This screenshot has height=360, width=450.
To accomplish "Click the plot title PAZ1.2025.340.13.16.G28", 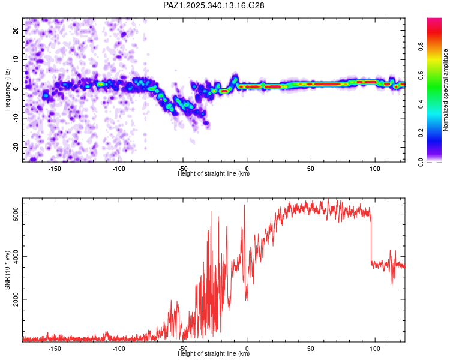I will [214, 5].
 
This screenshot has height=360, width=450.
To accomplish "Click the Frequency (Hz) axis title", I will [7, 90].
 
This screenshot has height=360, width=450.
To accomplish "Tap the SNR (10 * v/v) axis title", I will [7, 270].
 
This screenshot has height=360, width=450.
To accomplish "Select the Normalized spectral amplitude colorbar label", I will [446, 90].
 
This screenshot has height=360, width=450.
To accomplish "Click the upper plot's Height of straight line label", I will [214, 174].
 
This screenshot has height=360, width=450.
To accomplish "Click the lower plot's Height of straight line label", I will [214, 354].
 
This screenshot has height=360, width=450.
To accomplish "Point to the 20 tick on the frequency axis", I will [16, 30].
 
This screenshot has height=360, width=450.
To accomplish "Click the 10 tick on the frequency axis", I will [16, 59].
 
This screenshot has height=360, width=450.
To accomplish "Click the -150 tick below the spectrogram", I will [55, 169].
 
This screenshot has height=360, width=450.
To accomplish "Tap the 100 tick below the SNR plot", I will [375, 349].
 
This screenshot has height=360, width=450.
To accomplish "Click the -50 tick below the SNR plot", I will [183, 349].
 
